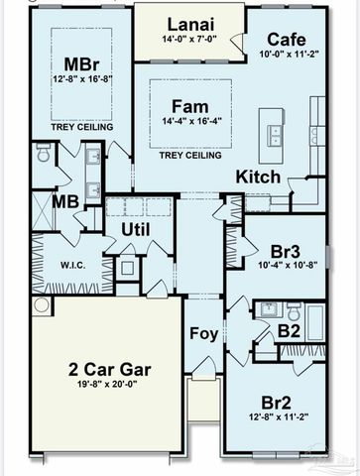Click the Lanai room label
tap(189, 23)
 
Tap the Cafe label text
tap(286, 40)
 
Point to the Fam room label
tap(189, 106)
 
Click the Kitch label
tap(258, 178)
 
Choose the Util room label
tap(135, 229)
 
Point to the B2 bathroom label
tap(290, 331)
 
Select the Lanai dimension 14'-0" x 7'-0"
tap(189, 41)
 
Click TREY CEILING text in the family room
tap(189, 156)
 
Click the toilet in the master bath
tap(43, 154)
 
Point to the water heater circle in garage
tap(41, 305)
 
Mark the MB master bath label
tap(66, 202)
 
